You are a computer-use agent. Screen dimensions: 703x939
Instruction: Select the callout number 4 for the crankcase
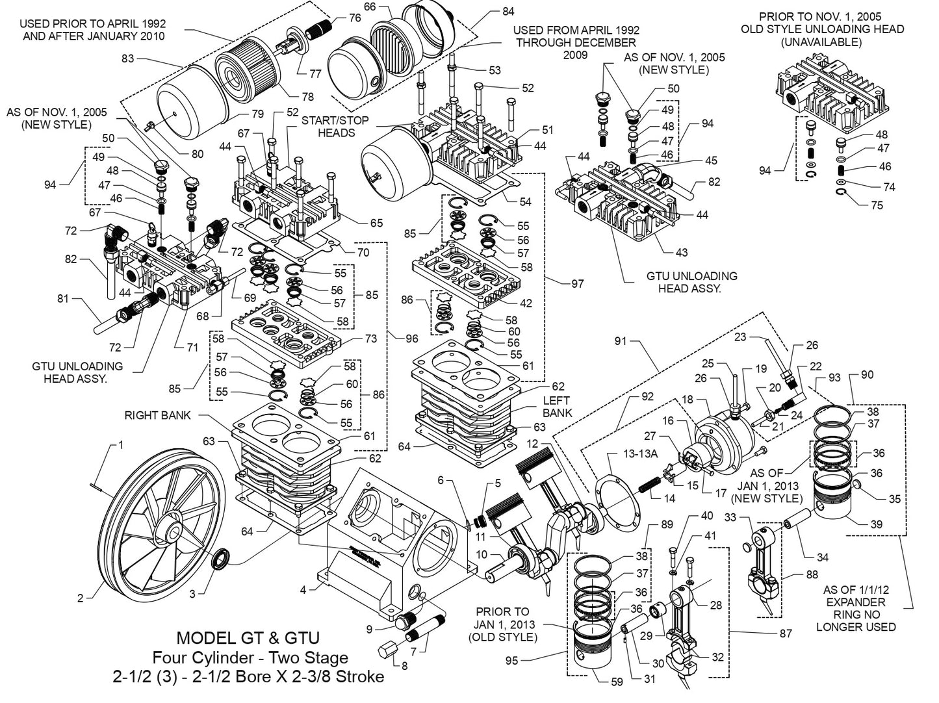(303, 590)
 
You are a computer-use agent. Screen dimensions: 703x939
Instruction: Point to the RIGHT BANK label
(157, 415)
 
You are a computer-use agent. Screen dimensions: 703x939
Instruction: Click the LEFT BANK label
(557, 406)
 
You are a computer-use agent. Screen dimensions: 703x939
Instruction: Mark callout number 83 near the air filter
(127, 58)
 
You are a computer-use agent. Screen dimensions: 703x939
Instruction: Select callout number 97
(577, 283)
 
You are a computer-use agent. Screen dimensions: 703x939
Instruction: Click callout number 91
(620, 340)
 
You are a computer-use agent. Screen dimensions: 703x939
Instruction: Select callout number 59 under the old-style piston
(617, 682)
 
